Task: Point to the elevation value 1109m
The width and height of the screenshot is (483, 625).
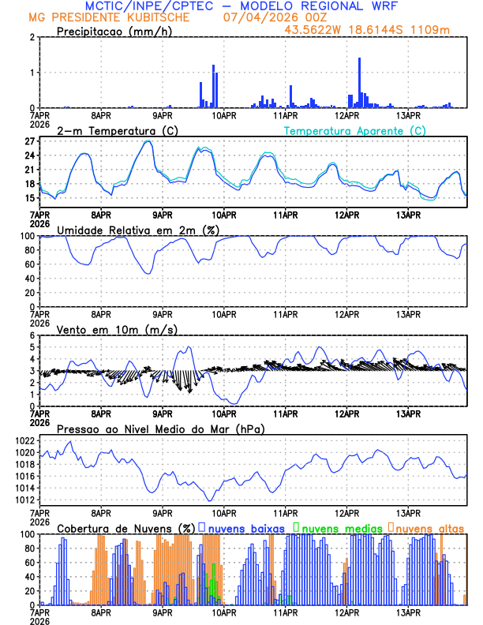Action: click(434, 29)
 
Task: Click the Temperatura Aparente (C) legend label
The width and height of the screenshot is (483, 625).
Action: click(355, 130)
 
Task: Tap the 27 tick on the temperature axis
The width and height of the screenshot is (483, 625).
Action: click(28, 141)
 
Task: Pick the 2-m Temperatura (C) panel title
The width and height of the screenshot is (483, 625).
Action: click(110, 130)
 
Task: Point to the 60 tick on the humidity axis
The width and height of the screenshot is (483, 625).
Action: click(28, 264)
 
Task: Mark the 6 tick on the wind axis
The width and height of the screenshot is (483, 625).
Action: click(30, 335)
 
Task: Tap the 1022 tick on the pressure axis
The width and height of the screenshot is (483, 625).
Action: click(24, 440)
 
